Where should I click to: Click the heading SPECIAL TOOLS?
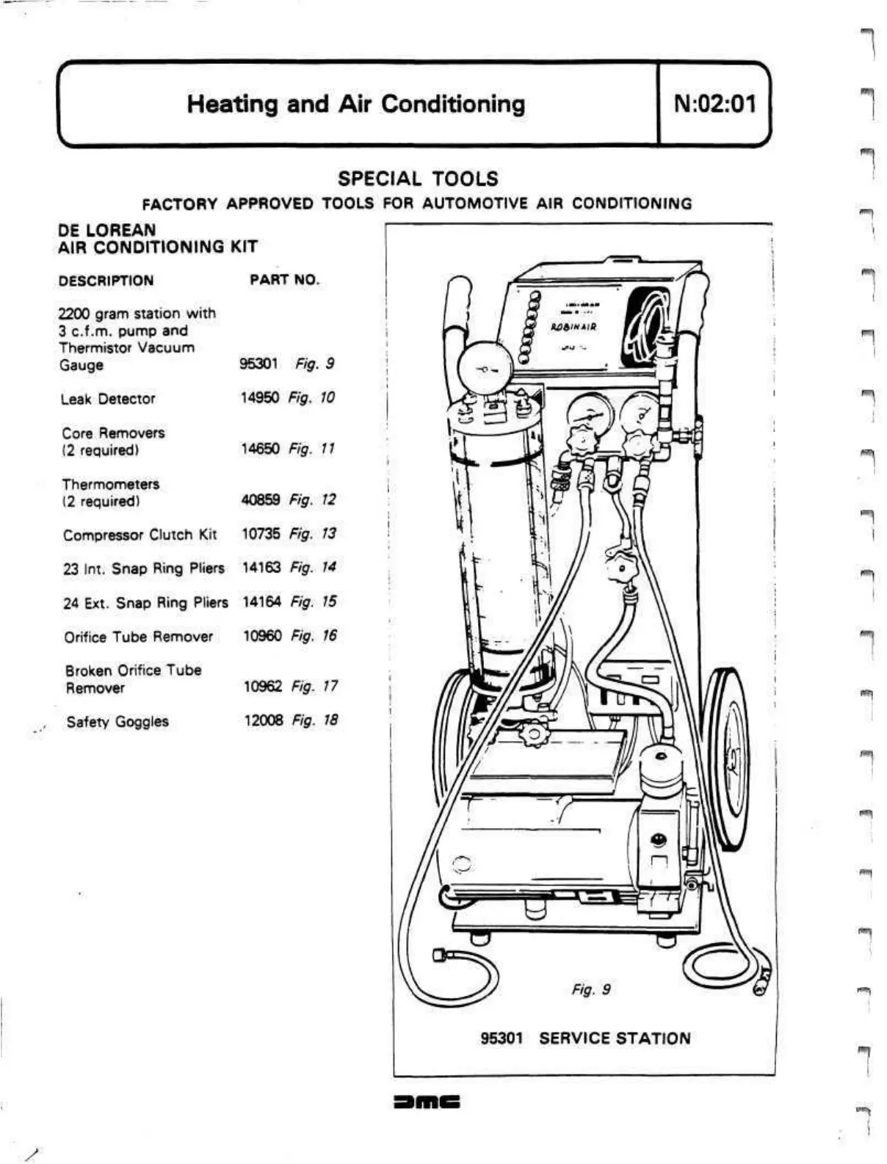[417, 178]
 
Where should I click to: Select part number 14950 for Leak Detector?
[260, 398]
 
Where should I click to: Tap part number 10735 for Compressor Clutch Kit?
[261, 534]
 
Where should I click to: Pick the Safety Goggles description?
[117, 722]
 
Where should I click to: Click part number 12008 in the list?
[263, 720]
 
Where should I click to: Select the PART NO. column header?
[284, 280]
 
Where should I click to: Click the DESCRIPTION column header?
[106, 281]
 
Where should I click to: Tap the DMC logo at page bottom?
[426, 1102]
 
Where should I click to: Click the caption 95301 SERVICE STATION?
[585, 1038]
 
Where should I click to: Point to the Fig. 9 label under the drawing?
[591, 990]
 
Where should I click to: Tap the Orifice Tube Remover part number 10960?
[262, 636]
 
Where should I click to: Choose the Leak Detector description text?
[108, 399]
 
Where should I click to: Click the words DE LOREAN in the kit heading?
[106, 230]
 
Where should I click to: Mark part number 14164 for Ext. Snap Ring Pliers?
[261, 602]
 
